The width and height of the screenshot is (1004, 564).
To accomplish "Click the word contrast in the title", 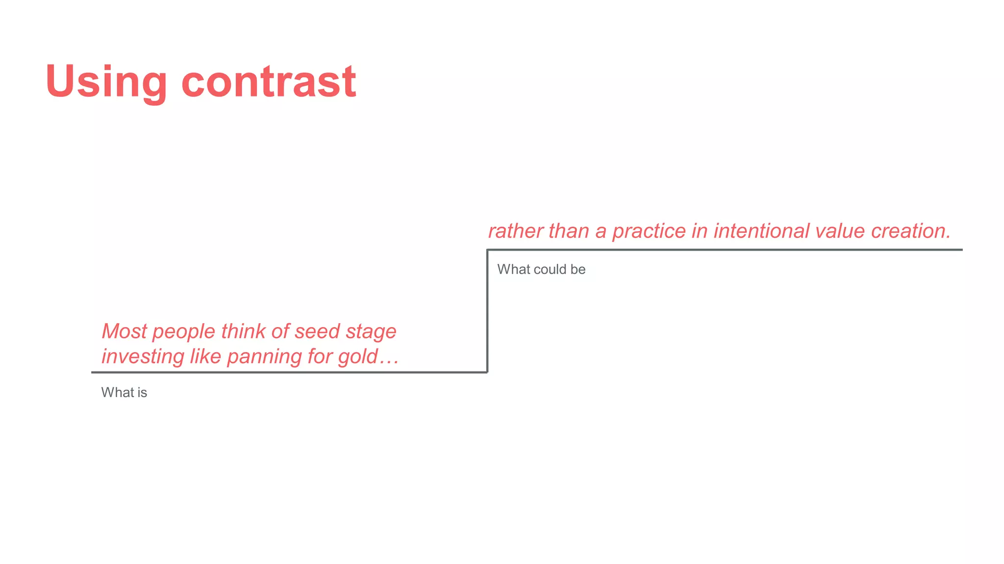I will tap(269, 81).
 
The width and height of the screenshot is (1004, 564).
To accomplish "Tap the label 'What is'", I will tap(124, 393).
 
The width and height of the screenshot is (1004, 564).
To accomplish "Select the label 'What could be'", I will tap(541, 270).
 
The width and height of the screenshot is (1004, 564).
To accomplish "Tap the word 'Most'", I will tap(124, 331).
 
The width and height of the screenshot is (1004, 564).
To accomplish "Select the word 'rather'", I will tap(515, 231).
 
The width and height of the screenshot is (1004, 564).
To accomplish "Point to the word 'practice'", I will tap(649, 232).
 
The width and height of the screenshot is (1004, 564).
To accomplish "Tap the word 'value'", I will tap(840, 231).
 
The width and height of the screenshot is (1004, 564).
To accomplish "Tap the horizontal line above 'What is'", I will tap(289, 373).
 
